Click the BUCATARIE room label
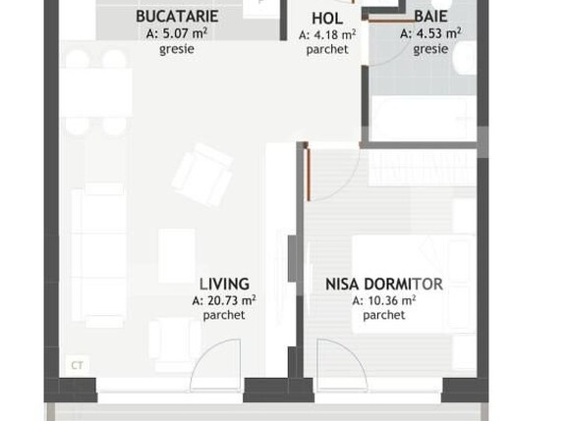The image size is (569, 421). [x=177, y=17]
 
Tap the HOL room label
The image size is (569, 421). [x=327, y=18]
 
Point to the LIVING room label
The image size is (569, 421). [x=224, y=285]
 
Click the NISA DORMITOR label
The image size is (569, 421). [x=383, y=285]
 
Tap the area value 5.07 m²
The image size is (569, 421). [x=177, y=33]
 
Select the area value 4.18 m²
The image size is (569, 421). [x=327, y=34]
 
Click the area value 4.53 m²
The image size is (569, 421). [x=430, y=33]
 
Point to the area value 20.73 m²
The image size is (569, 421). [x=224, y=301]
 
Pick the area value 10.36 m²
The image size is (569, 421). [x=383, y=301]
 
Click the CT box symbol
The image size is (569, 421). [x=77, y=364]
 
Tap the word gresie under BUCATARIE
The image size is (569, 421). [x=177, y=49]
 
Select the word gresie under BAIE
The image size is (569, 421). [x=430, y=49]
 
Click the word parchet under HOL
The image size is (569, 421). [x=327, y=50]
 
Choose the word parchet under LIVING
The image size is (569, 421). [x=224, y=316]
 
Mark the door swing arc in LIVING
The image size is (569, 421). [x=216, y=363]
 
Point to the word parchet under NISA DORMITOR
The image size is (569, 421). [x=383, y=316]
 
